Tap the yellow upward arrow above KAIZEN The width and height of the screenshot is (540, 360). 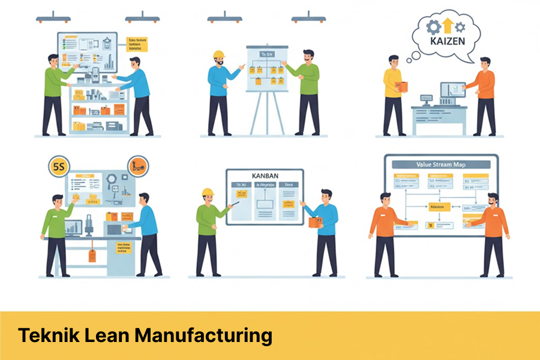448,25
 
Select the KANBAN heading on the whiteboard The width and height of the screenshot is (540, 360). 265,175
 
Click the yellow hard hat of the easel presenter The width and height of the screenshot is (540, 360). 218,55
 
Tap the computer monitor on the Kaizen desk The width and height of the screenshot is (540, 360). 451,91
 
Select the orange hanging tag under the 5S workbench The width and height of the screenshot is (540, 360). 92,254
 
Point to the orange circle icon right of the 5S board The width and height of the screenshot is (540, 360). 137,166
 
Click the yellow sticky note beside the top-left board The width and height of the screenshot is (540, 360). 137,44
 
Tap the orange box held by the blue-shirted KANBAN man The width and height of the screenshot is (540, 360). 314,222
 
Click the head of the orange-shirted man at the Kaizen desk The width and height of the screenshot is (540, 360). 484,64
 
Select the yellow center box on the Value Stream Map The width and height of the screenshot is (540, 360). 439,206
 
